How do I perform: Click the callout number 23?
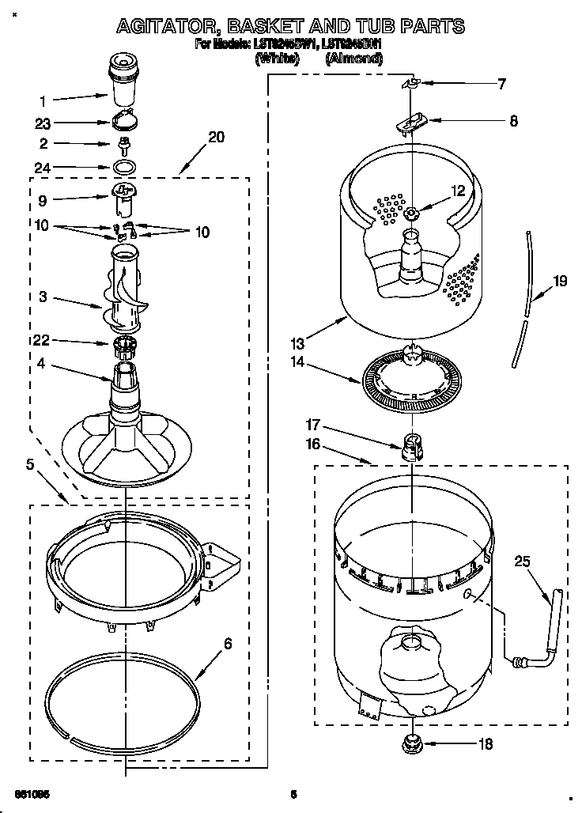pyautogui.click(x=43, y=123)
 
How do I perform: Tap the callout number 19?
pyautogui.click(x=560, y=280)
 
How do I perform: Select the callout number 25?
pyautogui.click(x=523, y=562)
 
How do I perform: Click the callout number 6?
pyautogui.click(x=229, y=644)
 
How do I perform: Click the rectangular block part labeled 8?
pyautogui.click(x=411, y=122)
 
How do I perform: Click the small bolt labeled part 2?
pyautogui.click(x=123, y=144)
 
